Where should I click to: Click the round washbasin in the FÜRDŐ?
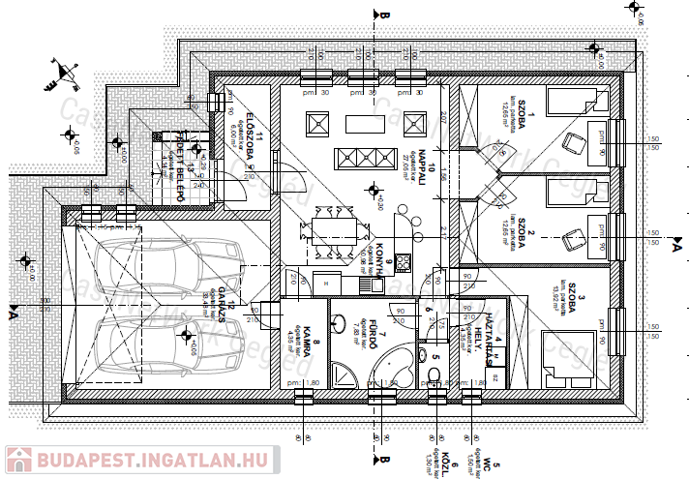tap(341, 316)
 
